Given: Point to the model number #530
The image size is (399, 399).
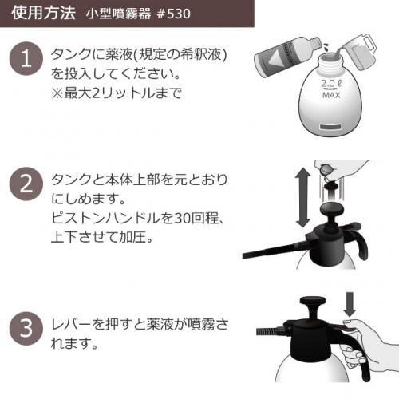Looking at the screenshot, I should pyautogui.click(x=172, y=14).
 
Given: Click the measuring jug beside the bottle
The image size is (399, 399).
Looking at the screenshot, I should pyautogui.click(x=360, y=53).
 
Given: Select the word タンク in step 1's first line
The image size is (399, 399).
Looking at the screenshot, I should pyautogui.click(x=70, y=57).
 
